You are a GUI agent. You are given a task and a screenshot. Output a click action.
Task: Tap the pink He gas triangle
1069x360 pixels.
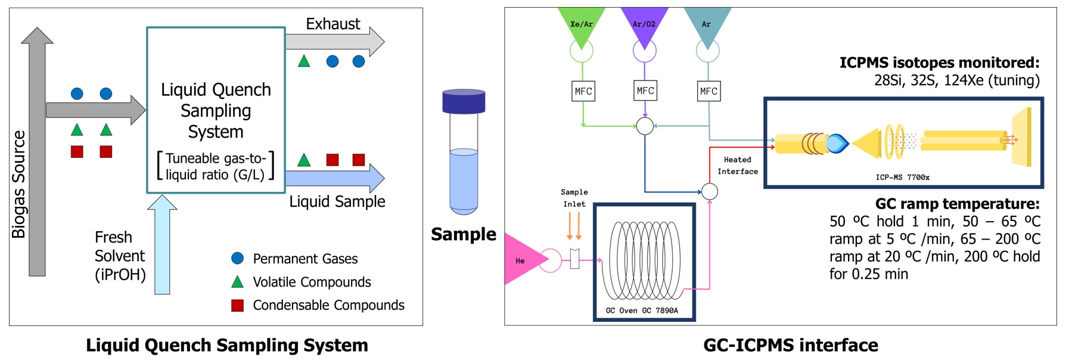pos(522,260)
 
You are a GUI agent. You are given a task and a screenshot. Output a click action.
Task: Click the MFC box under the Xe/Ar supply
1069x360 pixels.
pos(583,91)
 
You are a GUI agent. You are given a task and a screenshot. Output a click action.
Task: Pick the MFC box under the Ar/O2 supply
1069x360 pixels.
pos(645,91)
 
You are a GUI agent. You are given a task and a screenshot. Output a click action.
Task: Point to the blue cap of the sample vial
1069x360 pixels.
pos(464,101)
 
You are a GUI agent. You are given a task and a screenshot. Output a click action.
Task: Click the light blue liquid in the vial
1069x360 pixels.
pos(464,179)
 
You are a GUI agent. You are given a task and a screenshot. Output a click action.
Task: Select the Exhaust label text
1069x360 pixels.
pos(332,24)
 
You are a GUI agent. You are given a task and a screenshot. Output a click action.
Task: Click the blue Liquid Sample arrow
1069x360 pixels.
pos(334,178)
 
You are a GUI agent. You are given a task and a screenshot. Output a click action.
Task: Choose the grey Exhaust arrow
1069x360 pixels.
pos(334,41)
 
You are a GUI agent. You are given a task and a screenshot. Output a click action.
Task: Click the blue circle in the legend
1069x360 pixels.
pos(237,258)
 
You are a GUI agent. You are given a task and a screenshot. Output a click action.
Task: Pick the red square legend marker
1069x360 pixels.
pos(237,305)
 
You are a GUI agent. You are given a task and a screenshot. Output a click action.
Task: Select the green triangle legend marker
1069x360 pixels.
pos(237,282)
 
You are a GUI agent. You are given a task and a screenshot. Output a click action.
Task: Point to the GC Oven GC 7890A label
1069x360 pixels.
pos(642,311)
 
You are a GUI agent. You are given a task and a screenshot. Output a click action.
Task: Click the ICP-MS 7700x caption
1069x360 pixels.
pos(902,177)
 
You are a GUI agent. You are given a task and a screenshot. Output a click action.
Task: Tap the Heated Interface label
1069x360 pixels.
pos(737,166)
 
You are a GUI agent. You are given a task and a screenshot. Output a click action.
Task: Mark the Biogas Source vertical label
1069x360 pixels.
pos(19,184)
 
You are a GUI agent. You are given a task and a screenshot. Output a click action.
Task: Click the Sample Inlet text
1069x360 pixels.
pos(574,198)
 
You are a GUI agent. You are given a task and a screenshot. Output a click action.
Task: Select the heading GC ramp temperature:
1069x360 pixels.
pos(957,204)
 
